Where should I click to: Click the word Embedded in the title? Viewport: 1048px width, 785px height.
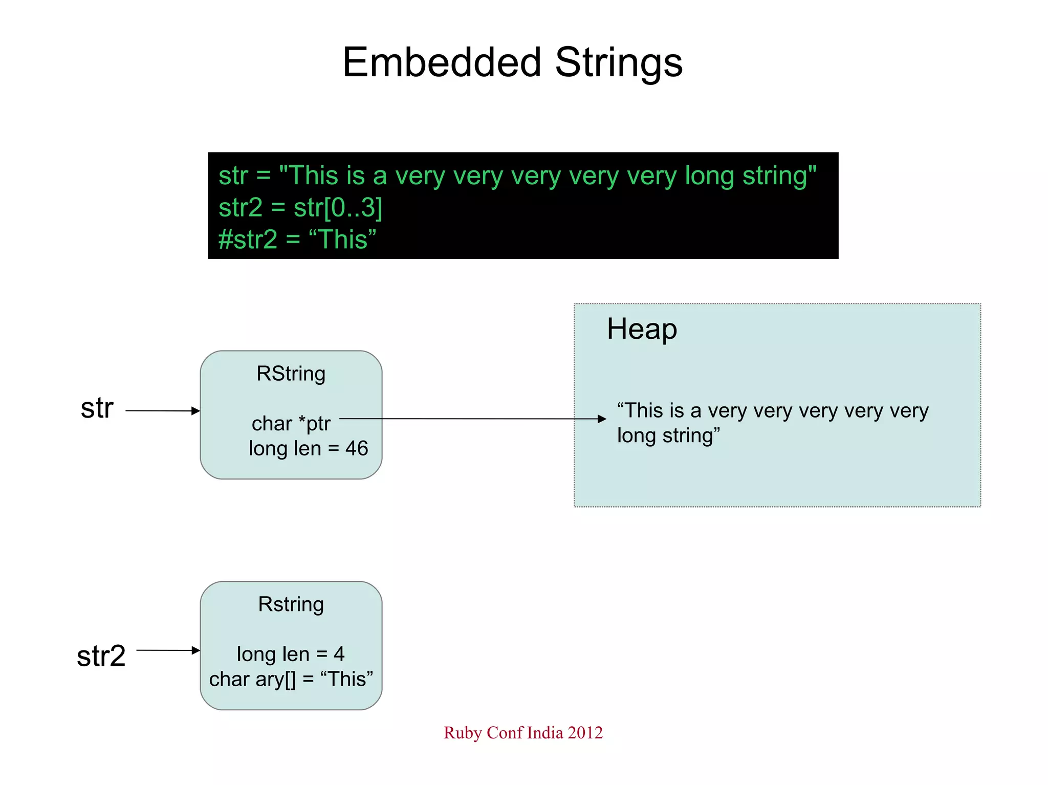point(441,62)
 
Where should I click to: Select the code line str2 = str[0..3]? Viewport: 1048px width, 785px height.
point(300,207)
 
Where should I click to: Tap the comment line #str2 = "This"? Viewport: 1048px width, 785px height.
point(297,239)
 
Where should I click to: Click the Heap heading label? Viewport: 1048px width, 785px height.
point(642,329)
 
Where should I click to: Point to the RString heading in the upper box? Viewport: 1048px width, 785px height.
point(291,374)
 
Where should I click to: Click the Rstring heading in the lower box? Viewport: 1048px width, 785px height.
point(291,604)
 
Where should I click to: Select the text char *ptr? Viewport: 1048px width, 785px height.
point(291,423)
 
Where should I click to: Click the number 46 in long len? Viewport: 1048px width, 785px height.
point(357,448)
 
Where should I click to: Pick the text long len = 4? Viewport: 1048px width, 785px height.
point(290,654)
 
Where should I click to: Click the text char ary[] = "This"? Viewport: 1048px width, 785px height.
point(291,679)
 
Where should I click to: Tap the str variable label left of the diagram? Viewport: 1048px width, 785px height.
point(97,408)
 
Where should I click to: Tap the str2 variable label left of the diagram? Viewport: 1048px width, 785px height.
point(101,656)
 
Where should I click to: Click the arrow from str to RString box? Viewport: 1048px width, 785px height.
point(162,410)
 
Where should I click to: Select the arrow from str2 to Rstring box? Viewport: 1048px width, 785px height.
point(168,650)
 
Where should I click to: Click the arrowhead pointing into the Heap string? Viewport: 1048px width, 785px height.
point(602,419)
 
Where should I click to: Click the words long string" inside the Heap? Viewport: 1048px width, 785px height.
point(668,435)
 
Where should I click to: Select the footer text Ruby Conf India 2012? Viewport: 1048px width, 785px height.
point(523,732)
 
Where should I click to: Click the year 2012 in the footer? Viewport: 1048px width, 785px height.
point(585,732)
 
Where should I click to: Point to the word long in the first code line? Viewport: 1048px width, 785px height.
point(709,176)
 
